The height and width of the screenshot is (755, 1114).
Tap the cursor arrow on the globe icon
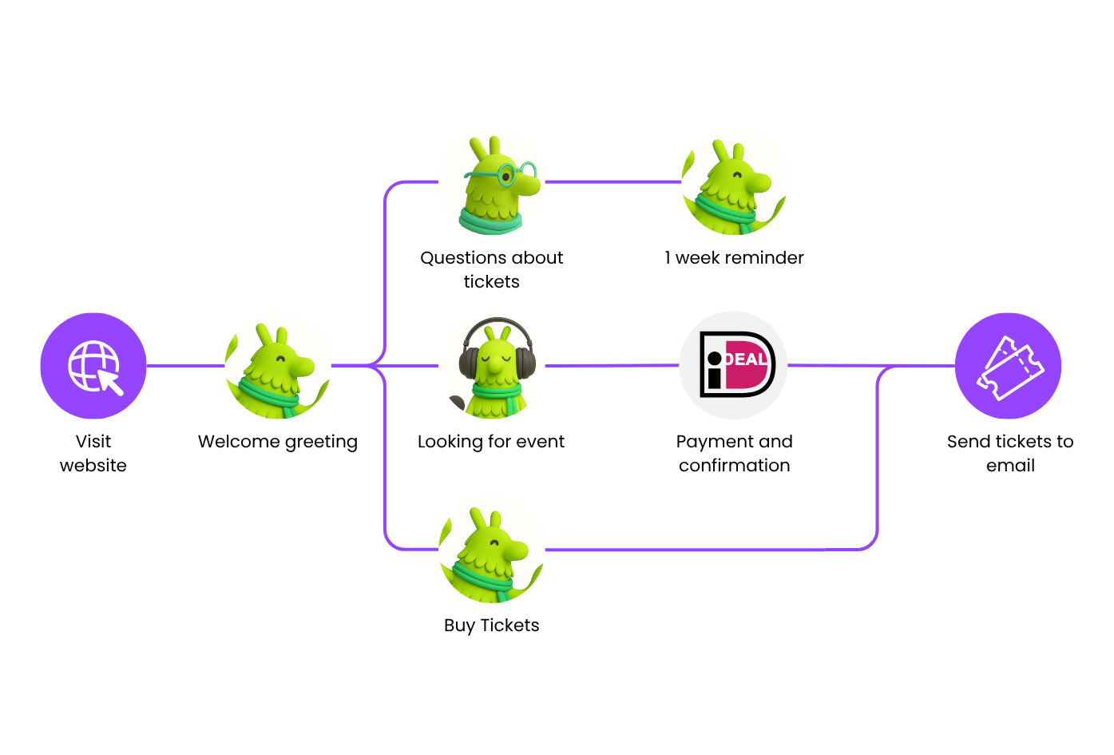(x=113, y=383)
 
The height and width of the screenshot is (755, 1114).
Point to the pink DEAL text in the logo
(x=746, y=360)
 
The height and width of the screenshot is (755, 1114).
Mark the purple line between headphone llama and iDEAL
(x=607, y=364)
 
